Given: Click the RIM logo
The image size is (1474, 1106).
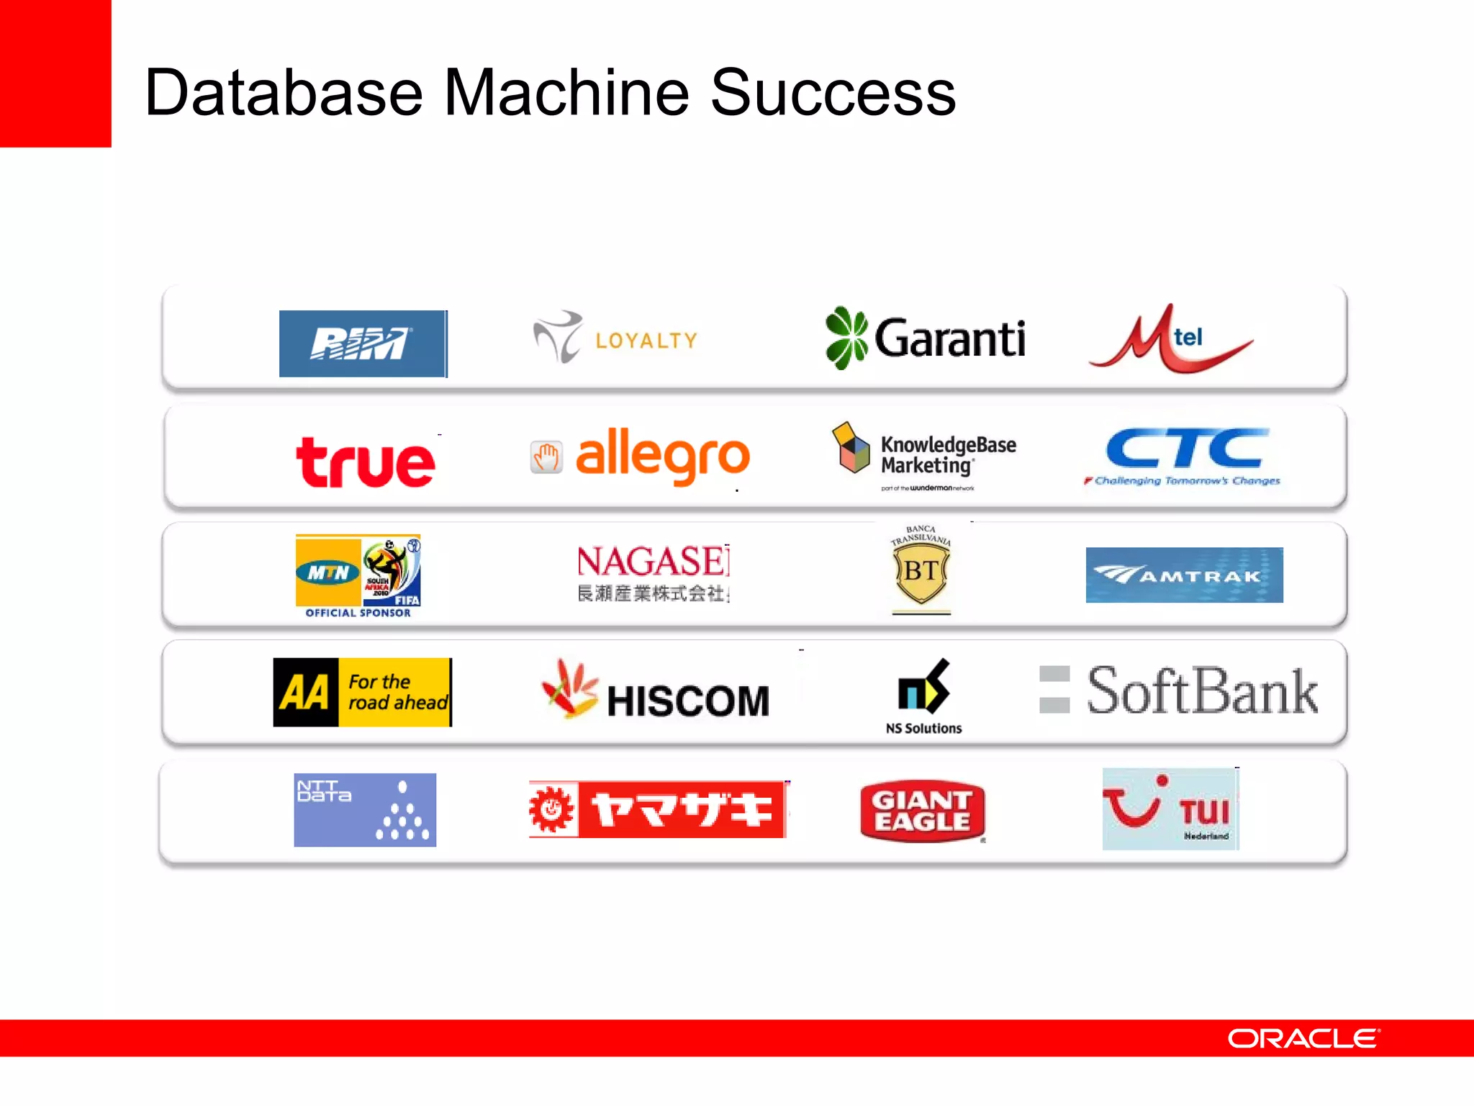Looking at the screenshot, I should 363,343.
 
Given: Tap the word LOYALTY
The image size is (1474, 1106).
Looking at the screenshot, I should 646,341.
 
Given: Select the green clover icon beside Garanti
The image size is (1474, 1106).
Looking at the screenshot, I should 846,338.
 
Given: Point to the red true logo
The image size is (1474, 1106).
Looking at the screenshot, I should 366,462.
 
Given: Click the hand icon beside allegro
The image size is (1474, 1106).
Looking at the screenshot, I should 546,457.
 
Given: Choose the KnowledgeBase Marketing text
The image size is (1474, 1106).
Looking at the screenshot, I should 948,455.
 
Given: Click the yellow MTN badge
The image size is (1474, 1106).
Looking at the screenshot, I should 328,572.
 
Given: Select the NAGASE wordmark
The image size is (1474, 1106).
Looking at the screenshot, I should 652,562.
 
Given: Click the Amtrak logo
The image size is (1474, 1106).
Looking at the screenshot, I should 1184,575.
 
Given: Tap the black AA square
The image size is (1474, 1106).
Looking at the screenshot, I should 305,693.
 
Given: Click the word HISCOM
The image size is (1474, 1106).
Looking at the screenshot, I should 688,701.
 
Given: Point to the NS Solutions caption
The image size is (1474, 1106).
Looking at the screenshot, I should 923,728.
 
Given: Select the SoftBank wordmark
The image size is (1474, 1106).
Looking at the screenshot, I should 1201,691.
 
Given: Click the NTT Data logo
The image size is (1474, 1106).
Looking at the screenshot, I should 365,810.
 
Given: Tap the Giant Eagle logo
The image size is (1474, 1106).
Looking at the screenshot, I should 922,811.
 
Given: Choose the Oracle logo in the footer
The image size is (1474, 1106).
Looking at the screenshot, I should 1303,1038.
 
